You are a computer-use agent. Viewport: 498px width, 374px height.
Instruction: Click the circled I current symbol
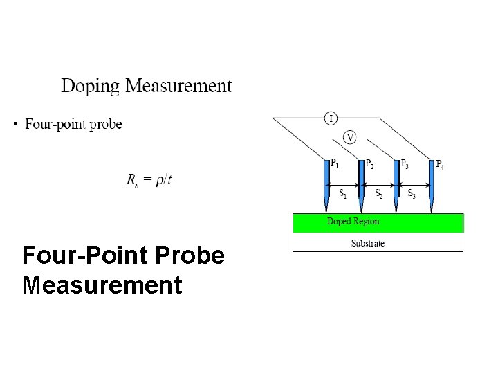click(x=331, y=118)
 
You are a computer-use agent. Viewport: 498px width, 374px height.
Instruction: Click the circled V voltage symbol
click(x=350, y=137)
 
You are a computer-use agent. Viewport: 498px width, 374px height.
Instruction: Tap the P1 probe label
click(x=334, y=164)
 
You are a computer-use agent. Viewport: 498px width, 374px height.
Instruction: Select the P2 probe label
click(x=370, y=164)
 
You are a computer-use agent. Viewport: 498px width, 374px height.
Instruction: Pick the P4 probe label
click(x=440, y=164)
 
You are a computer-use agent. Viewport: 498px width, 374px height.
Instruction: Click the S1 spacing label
click(x=343, y=193)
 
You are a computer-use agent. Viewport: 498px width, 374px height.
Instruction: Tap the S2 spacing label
click(x=379, y=193)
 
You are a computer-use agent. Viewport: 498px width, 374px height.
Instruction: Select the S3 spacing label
click(x=412, y=193)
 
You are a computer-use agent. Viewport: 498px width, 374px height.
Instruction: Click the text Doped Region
click(x=353, y=222)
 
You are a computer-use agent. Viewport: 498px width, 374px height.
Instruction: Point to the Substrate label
click(x=367, y=243)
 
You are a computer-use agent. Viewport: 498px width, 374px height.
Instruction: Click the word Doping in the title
click(x=91, y=87)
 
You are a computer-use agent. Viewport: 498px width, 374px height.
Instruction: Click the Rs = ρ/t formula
click(x=149, y=180)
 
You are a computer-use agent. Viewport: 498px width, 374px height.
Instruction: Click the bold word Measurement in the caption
click(x=102, y=285)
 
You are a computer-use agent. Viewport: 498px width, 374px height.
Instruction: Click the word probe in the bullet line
click(x=104, y=125)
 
